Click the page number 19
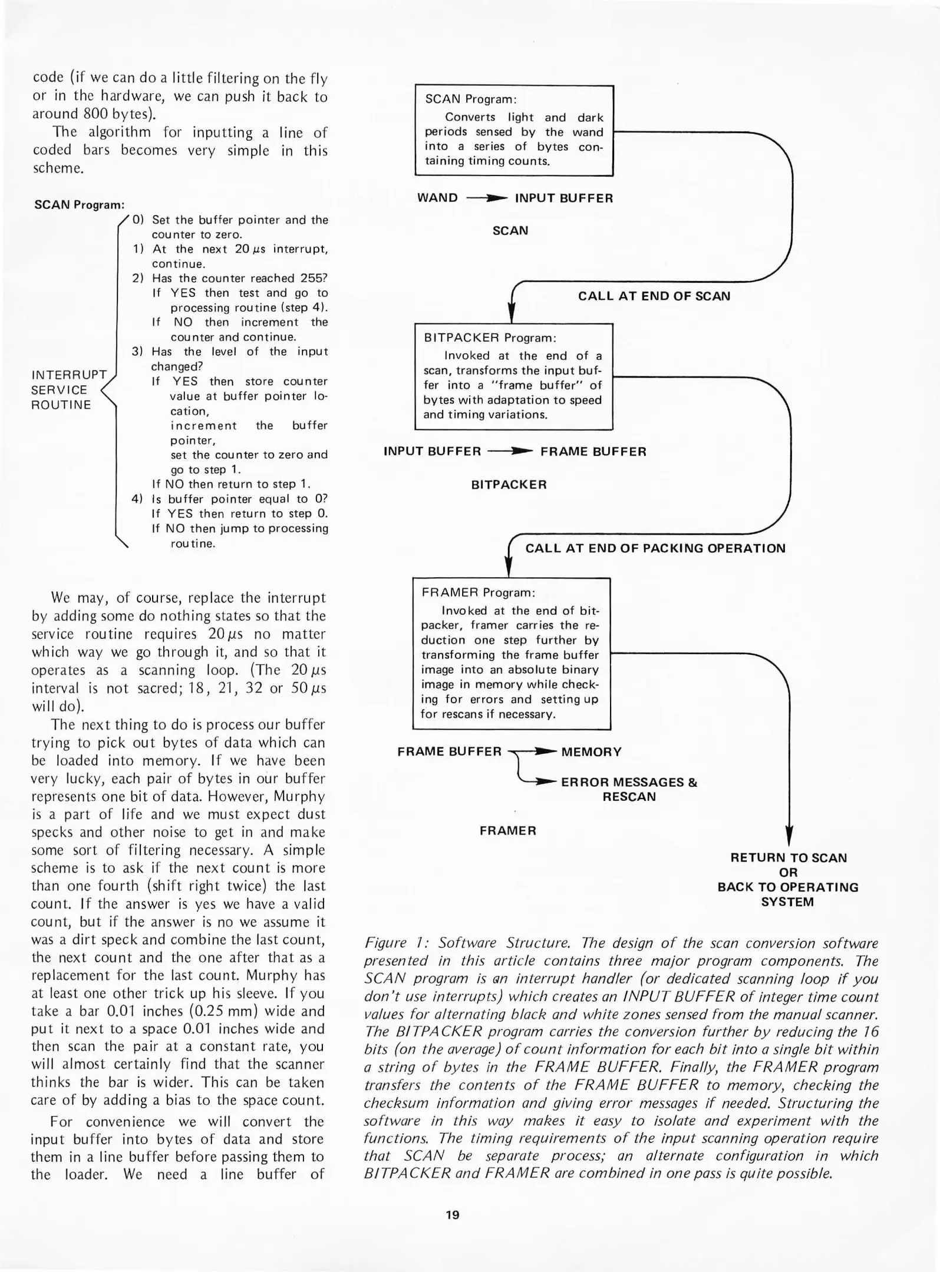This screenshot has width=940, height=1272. point(452,1214)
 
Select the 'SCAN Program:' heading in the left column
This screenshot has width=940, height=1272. point(80,204)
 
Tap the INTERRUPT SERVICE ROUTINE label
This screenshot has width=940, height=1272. point(68,390)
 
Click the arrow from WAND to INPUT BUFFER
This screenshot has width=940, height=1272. point(486,198)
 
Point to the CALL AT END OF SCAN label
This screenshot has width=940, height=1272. point(654,296)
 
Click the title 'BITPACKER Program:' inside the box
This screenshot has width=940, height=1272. point(490,338)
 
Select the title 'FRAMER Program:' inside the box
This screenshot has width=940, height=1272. point(478,592)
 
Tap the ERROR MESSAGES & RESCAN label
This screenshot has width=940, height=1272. point(629,789)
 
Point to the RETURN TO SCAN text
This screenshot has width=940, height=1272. point(788,858)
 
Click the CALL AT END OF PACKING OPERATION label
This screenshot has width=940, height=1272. point(655,548)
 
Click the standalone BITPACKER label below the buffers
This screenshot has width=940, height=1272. point(509,485)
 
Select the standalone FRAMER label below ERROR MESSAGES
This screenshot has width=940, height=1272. point(507,831)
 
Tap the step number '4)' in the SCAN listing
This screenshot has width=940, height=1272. point(137,499)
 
